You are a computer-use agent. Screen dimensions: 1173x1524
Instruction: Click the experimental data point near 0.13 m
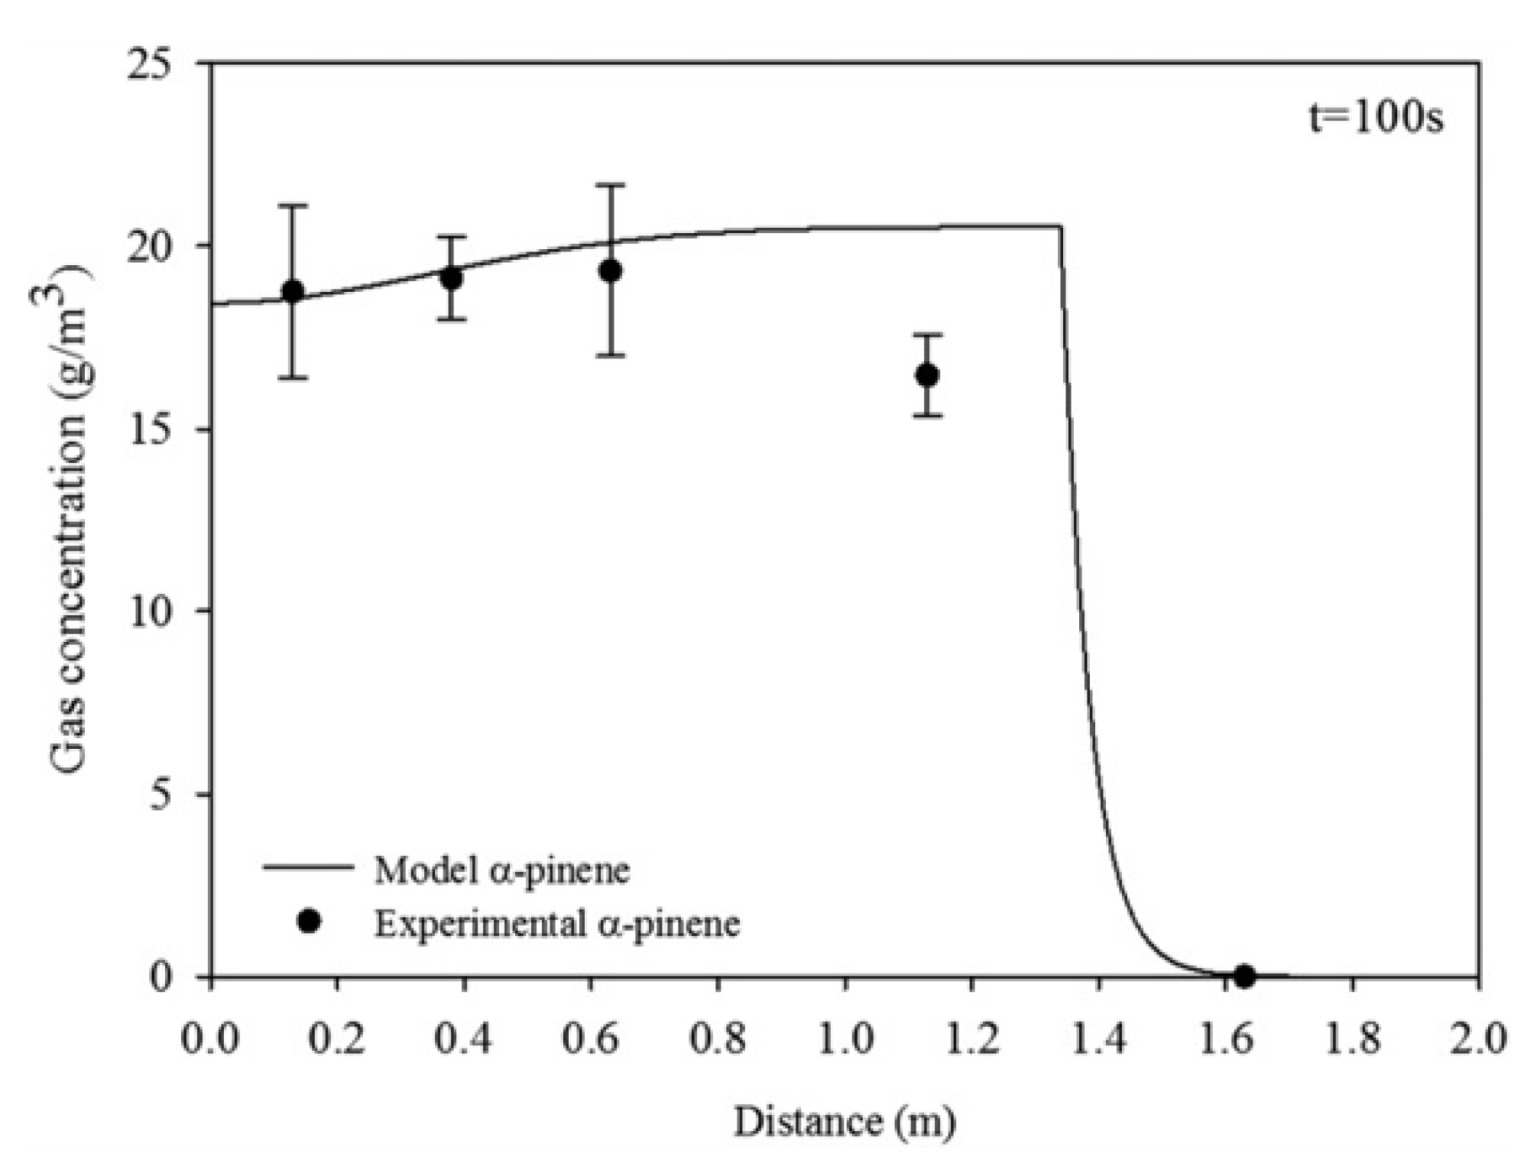(x=293, y=291)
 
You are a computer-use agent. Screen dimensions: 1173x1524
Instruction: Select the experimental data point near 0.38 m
(x=452, y=278)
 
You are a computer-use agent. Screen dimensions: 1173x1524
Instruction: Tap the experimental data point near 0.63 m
(x=610, y=271)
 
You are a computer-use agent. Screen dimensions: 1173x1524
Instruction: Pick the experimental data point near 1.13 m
(x=927, y=375)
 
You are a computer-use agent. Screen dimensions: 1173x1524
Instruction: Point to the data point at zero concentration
(x=1244, y=976)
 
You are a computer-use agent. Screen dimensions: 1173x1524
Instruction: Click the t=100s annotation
(x=1376, y=119)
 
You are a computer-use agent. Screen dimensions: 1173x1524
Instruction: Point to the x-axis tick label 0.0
(x=210, y=1040)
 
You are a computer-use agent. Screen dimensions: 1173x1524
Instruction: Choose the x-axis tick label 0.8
(x=718, y=1040)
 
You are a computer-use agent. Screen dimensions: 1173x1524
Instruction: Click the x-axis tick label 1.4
(x=1098, y=1040)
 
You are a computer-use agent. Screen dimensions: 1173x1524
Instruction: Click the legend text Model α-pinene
(x=501, y=870)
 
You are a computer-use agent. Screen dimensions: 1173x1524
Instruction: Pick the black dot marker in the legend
(x=309, y=922)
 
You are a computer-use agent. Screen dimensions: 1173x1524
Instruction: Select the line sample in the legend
(x=308, y=867)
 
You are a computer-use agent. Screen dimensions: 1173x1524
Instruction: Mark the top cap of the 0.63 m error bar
(x=610, y=186)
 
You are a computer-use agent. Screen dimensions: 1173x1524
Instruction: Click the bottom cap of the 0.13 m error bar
(x=293, y=377)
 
